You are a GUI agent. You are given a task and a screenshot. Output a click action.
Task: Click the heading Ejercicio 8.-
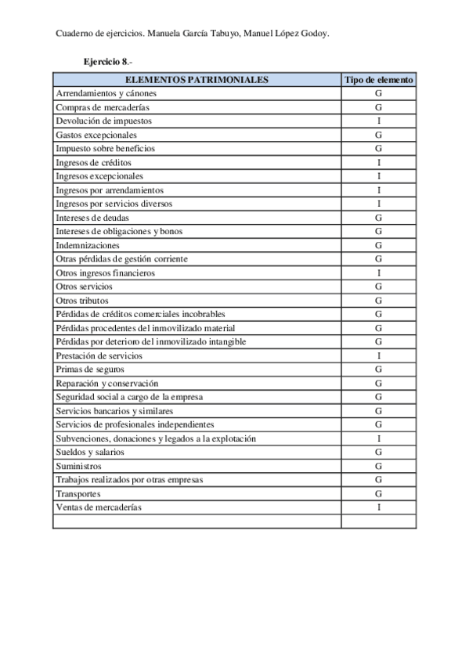pos(109,61)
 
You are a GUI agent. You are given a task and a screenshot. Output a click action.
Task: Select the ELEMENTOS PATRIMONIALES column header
pos(197,79)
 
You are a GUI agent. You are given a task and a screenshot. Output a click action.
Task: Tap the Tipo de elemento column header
pos(378,79)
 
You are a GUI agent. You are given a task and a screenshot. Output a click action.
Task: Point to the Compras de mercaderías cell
pos(103,107)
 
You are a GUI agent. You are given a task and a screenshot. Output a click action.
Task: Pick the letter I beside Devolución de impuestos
pos(378,121)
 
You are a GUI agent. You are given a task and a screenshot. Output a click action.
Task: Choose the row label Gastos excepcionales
pos(96,135)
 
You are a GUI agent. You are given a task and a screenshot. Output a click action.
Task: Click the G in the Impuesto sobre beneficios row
pos(378,148)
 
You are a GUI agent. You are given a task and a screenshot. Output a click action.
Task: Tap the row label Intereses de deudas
pos(92,218)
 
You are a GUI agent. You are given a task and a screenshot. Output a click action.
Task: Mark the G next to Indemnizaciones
pos(378,245)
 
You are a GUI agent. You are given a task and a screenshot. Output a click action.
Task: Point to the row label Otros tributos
pos(82,301)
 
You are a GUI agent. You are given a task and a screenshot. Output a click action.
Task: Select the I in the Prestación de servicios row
pos(378,355)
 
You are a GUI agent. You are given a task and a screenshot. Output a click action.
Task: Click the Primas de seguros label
pos(90,370)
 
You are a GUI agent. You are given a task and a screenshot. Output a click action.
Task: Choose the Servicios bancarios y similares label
pos(114,411)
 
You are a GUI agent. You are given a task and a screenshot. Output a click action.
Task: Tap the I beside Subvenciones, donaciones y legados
pos(378,438)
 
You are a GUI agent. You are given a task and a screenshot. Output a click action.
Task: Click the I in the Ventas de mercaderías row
pos(378,507)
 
